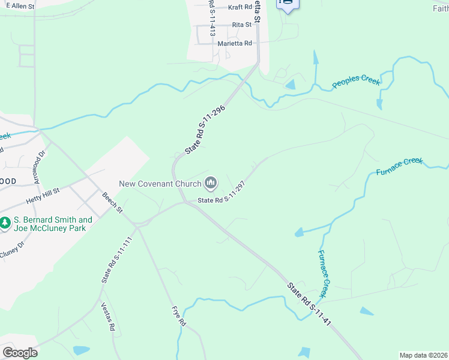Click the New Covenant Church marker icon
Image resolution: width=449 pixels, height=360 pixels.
pos(211,182)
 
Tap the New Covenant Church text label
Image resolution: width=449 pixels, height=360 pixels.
pos(160,184)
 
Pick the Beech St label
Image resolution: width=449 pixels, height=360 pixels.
pos(112,202)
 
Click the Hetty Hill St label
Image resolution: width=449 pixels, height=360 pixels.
pos(43,195)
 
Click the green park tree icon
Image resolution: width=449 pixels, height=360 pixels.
pos(5,223)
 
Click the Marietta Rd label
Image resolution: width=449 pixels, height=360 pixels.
pos(235,43)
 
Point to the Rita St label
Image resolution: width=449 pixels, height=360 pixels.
pos(241,25)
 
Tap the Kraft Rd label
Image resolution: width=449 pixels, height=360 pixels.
pos(240,8)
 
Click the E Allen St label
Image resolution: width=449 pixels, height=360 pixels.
pos(20,5)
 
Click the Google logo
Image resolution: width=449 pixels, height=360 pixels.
pos(20,353)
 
